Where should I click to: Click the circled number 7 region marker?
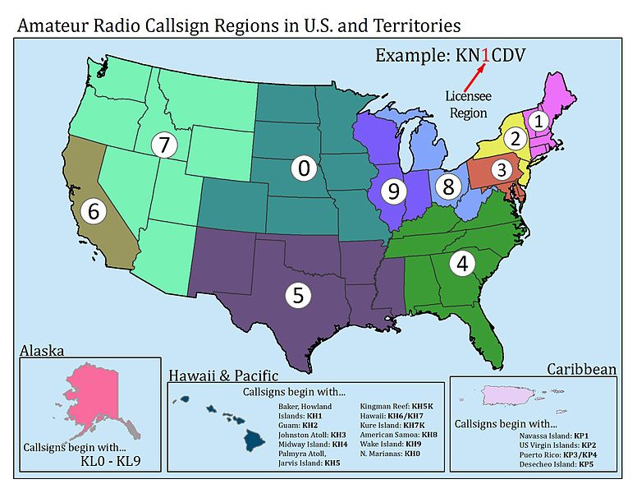click(x=164, y=145)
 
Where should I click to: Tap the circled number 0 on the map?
click(x=303, y=168)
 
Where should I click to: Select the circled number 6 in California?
click(x=94, y=210)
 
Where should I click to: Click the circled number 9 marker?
click(x=394, y=191)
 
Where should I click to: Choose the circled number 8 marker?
click(x=447, y=186)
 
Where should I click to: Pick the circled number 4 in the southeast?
click(x=463, y=264)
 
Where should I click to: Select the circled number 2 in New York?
click(x=515, y=138)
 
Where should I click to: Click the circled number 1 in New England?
click(x=538, y=120)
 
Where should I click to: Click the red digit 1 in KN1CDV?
click(x=486, y=56)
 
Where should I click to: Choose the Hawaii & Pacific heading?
click(x=219, y=376)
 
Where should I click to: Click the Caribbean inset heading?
click(x=581, y=369)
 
